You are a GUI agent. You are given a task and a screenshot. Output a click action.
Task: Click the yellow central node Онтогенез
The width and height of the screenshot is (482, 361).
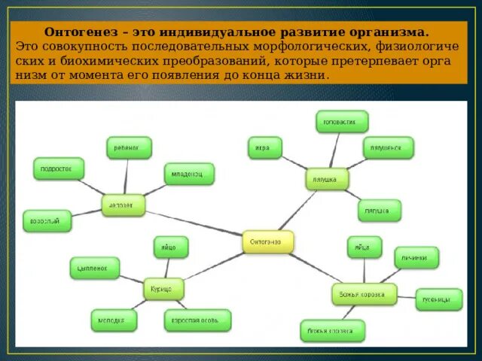click(x=267, y=241)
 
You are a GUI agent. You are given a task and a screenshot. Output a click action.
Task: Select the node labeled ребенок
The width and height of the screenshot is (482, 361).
click(x=128, y=147)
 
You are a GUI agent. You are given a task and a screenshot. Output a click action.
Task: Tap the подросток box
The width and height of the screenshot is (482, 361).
click(x=58, y=168)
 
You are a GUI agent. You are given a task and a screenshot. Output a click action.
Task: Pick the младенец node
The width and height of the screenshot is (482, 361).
click(x=188, y=174)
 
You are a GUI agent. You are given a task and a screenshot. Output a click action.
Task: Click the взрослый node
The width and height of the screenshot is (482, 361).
click(x=47, y=220)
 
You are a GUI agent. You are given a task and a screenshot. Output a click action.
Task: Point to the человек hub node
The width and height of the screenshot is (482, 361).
click(x=124, y=205)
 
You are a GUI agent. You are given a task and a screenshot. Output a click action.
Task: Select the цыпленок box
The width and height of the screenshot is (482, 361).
click(x=94, y=267)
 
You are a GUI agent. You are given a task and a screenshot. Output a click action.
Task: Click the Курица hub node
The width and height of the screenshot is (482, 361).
click(x=163, y=288)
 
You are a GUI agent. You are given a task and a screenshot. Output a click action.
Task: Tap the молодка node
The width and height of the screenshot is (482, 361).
click(x=114, y=320)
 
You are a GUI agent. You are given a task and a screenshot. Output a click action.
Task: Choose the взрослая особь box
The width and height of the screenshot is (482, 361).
click(x=197, y=320)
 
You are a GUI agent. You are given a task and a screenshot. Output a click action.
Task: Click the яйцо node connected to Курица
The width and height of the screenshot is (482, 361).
click(x=171, y=247)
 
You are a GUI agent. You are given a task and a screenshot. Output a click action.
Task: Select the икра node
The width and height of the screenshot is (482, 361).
click(x=264, y=147)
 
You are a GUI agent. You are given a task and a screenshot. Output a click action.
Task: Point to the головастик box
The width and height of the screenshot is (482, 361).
click(x=342, y=121)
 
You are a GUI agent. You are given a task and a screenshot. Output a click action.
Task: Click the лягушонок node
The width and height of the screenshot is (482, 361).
click(x=388, y=147)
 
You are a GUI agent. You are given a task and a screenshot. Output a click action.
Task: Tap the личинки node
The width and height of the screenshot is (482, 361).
click(x=416, y=257)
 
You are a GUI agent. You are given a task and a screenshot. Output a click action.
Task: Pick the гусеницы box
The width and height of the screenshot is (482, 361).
click(x=439, y=299)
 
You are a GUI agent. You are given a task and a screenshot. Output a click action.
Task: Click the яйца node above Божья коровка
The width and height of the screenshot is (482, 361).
click(x=364, y=247)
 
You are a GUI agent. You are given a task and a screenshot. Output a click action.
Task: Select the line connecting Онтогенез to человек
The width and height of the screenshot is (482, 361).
click(x=194, y=223)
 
